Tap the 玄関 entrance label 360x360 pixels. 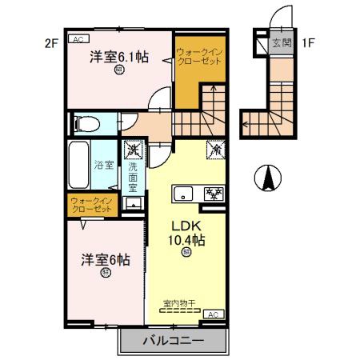click(x=280, y=43)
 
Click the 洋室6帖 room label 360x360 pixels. click(x=105, y=260)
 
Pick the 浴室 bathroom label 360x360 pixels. click(x=104, y=165)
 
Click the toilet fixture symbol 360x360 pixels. click(x=85, y=124)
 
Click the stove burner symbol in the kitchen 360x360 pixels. click(x=214, y=193)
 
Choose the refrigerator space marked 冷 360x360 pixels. click(x=215, y=149)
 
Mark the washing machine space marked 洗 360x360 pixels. click(x=133, y=148)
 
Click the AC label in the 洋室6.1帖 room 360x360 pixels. click(x=78, y=38)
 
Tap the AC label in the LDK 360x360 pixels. click(x=214, y=315)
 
